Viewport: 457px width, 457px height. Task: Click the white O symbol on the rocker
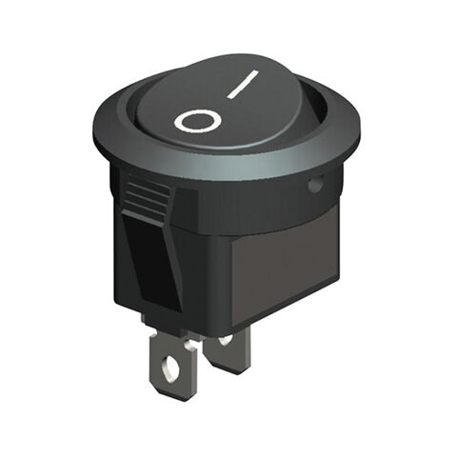pos(198,121)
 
